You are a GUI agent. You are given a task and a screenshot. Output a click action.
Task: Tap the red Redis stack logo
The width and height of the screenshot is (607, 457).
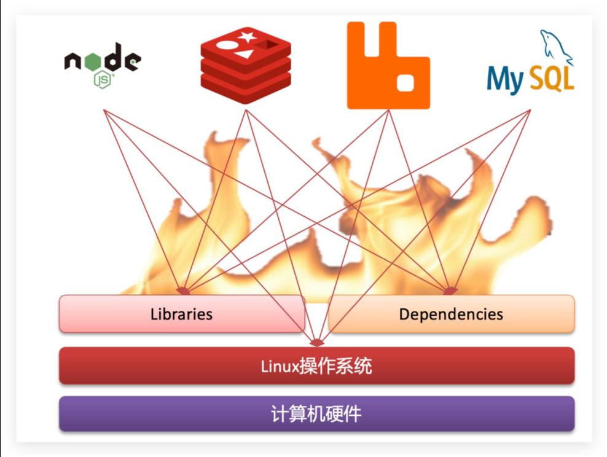(x=245, y=66)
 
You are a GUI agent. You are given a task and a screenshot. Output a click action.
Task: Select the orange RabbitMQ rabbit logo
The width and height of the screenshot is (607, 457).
(x=388, y=65)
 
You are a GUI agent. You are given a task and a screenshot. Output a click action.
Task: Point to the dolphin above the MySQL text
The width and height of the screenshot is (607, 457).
(x=555, y=47)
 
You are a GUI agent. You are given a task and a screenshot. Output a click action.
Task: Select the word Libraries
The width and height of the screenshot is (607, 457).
(x=181, y=314)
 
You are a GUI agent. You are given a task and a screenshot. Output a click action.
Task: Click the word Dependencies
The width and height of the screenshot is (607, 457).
(x=451, y=314)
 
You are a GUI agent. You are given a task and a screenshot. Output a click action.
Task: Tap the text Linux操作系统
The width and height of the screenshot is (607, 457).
(x=316, y=367)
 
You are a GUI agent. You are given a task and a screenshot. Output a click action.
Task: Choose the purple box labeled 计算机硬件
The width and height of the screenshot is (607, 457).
(x=316, y=414)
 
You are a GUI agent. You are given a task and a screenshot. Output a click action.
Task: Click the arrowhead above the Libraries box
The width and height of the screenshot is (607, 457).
(x=183, y=290)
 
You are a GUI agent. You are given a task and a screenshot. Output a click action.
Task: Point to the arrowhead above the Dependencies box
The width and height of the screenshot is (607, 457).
(x=450, y=290)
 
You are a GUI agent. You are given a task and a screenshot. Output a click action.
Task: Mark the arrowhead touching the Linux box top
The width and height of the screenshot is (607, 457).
(x=316, y=342)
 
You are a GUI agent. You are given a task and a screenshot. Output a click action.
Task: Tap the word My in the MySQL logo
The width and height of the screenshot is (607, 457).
(x=505, y=80)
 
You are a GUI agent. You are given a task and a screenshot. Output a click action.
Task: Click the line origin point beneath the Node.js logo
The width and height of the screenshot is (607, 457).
(x=104, y=110)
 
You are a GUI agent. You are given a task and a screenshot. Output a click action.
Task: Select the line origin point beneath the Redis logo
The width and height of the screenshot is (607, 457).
(x=246, y=110)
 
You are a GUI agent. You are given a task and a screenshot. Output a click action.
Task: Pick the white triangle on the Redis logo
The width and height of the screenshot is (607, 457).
(x=244, y=55)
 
